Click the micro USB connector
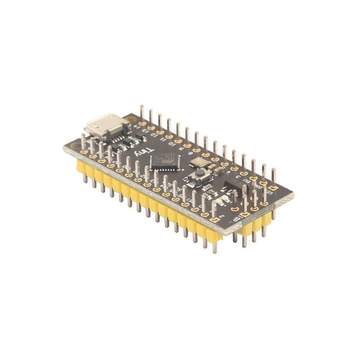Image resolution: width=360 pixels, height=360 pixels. click(104, 126)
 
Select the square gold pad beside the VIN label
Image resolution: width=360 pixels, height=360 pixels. click(264, 202)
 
